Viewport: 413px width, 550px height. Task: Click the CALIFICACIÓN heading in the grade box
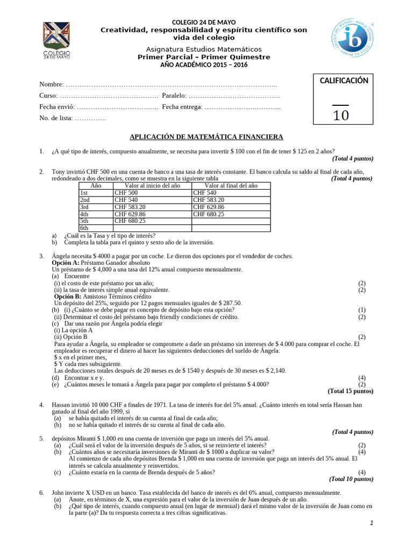344,81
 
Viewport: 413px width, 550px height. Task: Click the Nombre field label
51,85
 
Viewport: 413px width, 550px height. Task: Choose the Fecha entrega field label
182,107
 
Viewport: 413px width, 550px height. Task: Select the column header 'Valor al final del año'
231,185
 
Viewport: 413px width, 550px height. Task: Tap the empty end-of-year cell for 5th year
231,220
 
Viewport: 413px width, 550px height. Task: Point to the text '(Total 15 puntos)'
350,391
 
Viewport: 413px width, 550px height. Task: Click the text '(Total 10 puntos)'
351,479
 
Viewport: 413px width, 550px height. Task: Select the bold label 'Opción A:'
67,263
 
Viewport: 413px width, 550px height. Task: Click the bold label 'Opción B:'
67,296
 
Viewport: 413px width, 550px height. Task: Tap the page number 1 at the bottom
371,524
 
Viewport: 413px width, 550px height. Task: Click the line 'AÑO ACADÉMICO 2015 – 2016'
207,64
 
